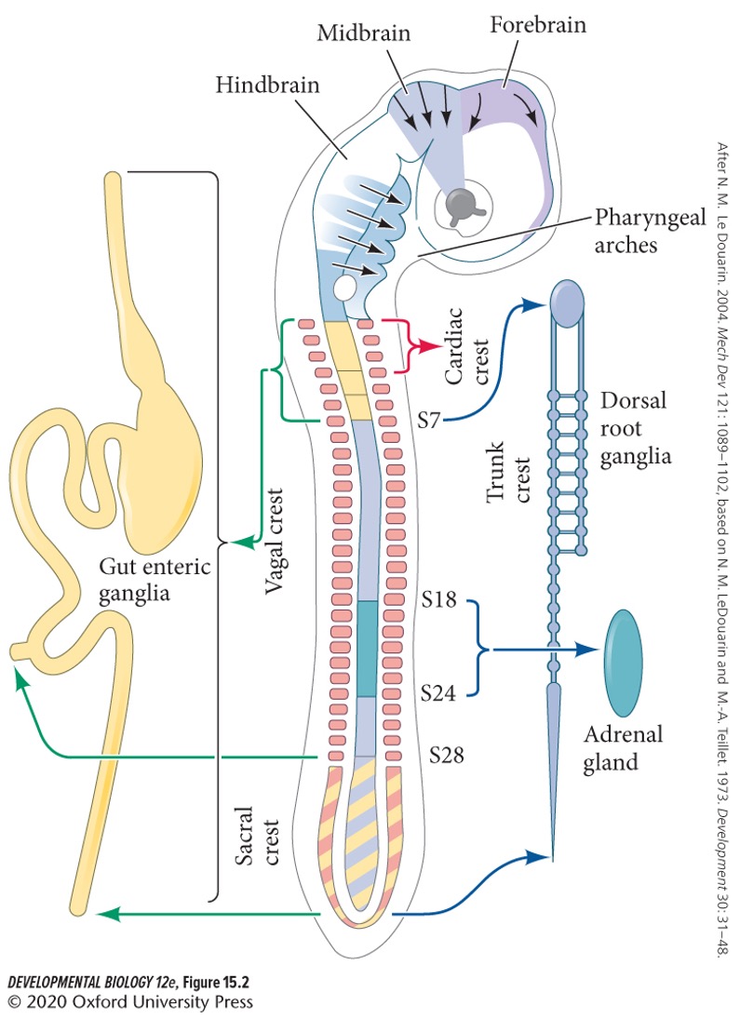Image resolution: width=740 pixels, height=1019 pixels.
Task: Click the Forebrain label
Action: [x=539, y=25]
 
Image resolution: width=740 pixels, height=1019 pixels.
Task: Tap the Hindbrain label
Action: [x=267, y=86]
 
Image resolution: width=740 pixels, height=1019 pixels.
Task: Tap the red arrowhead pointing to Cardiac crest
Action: [x=431, y=346]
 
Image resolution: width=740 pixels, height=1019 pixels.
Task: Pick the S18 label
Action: [x=437, y=599]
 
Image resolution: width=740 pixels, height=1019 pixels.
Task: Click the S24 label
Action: [x=437, y=692]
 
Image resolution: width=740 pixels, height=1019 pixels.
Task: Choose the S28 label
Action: [x=446, y=753]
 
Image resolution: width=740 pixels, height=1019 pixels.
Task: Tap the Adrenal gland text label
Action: [x=623, y=748]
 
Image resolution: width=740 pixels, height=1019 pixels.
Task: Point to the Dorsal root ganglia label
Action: [x=637, y=429]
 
